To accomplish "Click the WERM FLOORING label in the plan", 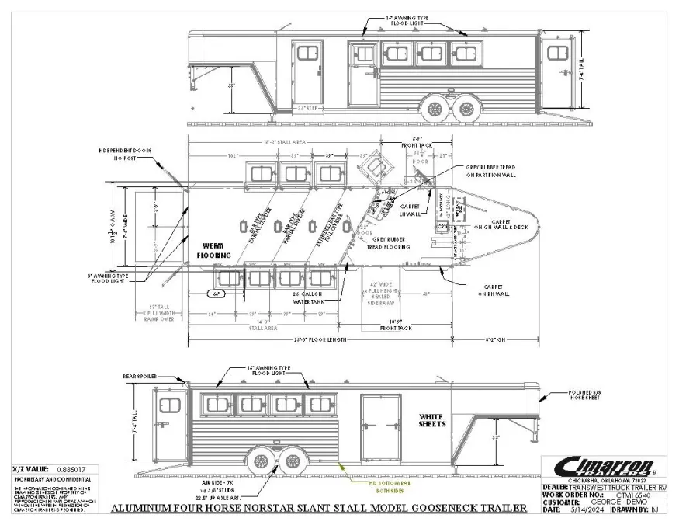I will click(x=212, y=250).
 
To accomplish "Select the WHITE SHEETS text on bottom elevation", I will click(x=433, y=420).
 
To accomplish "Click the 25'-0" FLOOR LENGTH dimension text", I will click(x=345, y=340).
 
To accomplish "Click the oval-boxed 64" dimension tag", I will click(x=219, y=294).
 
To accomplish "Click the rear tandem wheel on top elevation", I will click(x=466, y=108).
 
